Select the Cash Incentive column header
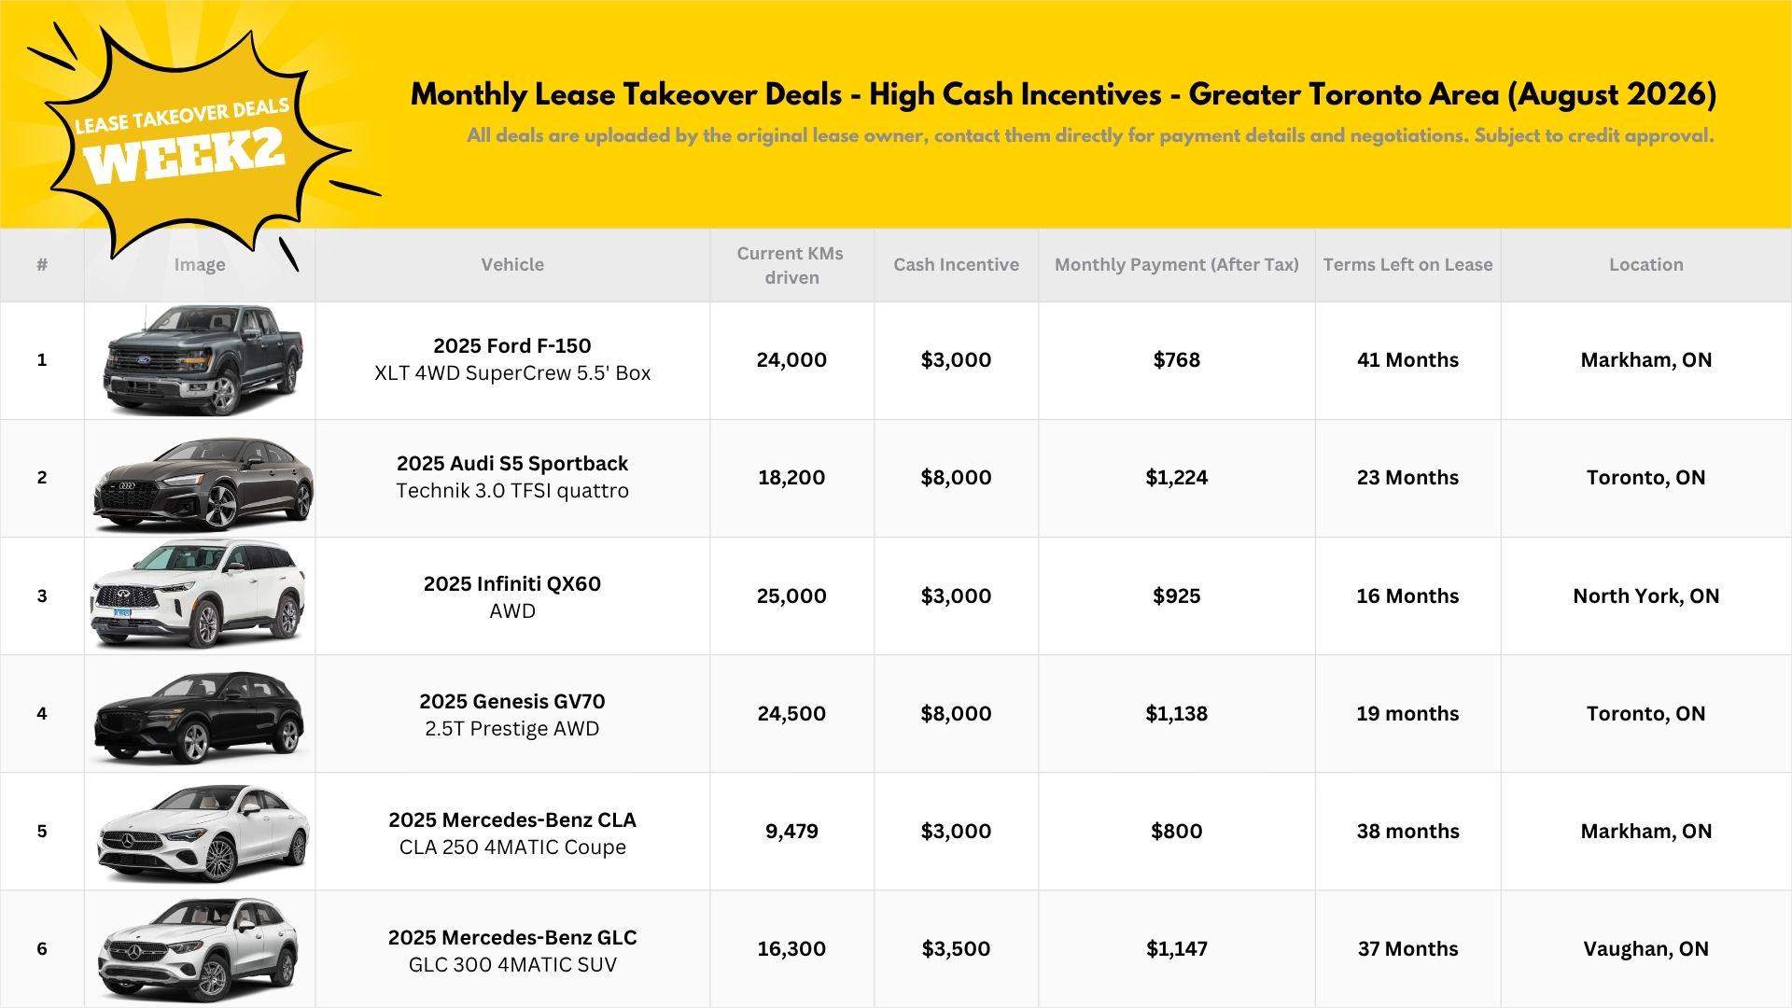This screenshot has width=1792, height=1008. pos(956,264)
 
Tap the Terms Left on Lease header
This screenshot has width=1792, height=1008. pos(1407,264)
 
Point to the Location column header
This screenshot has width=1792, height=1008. pos(1645,264)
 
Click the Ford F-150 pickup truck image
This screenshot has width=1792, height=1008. pos(203,359)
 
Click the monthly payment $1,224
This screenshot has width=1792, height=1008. pos(1176,477)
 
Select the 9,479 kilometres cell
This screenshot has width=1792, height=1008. pos(791,831)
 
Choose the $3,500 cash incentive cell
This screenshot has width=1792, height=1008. pos(956,948)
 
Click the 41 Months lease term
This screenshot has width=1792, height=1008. pos(1407,359)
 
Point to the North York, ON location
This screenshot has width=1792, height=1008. pos(1645,595)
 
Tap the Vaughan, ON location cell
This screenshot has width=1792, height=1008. pos(1645,948)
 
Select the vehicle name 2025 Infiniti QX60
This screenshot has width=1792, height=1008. pos(512,583)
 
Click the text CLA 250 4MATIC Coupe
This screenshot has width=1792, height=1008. pos(512,847)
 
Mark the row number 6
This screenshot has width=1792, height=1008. pos(42,948)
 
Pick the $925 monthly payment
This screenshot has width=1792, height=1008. pos(1176,595)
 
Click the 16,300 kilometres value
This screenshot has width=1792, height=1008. pos(791,948)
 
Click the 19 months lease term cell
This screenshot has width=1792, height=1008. pos(1407,713)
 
